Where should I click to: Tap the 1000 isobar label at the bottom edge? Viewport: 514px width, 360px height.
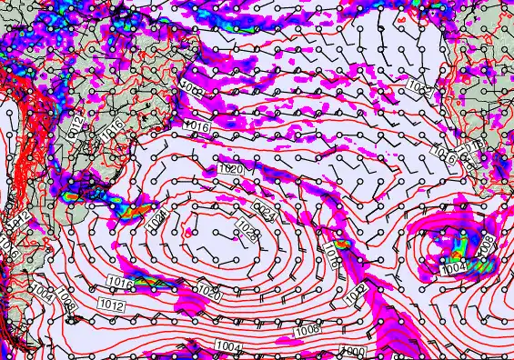352,351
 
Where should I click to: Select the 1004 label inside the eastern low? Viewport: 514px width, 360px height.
453,269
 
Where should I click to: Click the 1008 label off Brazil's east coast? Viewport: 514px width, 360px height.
192,88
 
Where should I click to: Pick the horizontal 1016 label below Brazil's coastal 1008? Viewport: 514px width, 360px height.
197,125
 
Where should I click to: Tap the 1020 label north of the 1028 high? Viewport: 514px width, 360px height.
230,169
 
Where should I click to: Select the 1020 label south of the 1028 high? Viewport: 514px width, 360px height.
209,294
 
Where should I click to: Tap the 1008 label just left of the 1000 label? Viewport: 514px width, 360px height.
307,330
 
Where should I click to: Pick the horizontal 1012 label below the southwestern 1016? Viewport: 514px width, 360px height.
112,305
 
